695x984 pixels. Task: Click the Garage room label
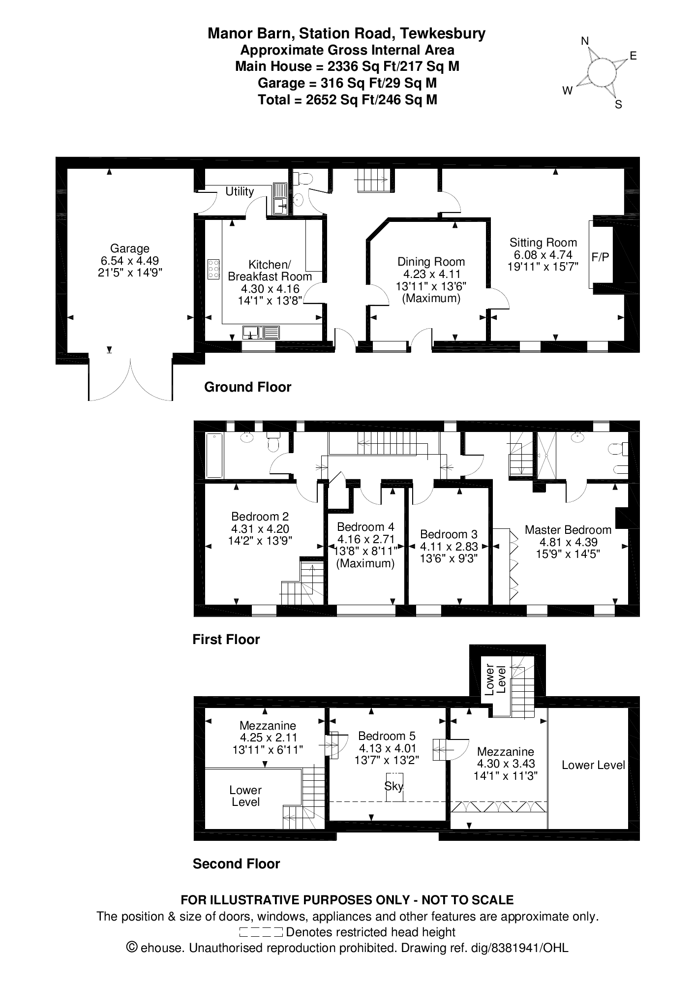point(130,248)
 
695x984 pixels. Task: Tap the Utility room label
point(240,191)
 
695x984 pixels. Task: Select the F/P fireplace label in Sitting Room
point(600,257)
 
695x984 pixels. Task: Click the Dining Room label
point(431,262)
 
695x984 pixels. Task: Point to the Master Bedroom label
point(568,530)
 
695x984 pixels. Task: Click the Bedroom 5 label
point(387,736)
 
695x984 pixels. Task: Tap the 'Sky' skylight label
point(393,786)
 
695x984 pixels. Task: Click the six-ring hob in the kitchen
point(213,270)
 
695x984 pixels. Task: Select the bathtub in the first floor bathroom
point(214,456)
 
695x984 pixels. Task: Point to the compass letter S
point(619,104)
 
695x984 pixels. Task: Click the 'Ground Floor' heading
point(248,387)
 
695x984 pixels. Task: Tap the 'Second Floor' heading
point(237,864)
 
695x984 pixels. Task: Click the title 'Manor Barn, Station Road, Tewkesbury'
point(347,33)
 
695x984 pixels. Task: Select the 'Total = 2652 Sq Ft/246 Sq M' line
point(348,100)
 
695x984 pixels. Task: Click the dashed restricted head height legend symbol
point(261,932)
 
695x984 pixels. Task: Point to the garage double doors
point(130,379)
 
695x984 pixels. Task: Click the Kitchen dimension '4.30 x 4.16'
point(270,289)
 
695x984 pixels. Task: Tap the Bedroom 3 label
point(449,534)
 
